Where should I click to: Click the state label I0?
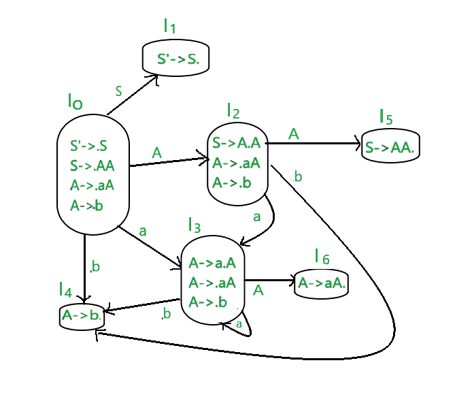(x=75, y=102)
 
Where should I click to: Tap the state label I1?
(x=169, y=27)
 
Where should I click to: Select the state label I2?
(x=234, y=110)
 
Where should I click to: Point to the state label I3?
(x=195, y=225)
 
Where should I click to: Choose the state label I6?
(x=322, y=257)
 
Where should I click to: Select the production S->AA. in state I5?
(x=390, y=147)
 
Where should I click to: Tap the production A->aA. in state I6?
(x=322, y=283)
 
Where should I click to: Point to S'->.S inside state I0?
(x=88, y=146)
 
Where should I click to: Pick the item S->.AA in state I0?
(x=91, y=165)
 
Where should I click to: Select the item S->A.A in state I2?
(x=236, y=143)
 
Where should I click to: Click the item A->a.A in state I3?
(x=212, y=264)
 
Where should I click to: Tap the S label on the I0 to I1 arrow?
(x=118, y=90)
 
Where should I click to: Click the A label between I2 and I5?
(x=294, y=133)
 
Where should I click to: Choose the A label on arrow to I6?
(x=258, y=291)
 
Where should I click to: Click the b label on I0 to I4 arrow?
(x=95, y=267)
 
